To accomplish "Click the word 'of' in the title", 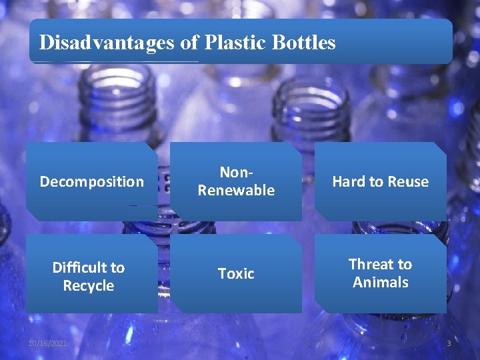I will click(189, 43).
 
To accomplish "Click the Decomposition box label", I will click(91, 181).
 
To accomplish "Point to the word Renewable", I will click(236, 191).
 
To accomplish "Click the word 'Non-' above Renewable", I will click(235, 173).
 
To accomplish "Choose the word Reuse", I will click(407, 181).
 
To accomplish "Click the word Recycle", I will click(89, 286).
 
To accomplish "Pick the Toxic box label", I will click(236, 273).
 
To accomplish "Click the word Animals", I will click(380, 282).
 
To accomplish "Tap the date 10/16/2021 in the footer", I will click(47, 343).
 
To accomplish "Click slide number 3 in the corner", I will click(449, 343).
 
